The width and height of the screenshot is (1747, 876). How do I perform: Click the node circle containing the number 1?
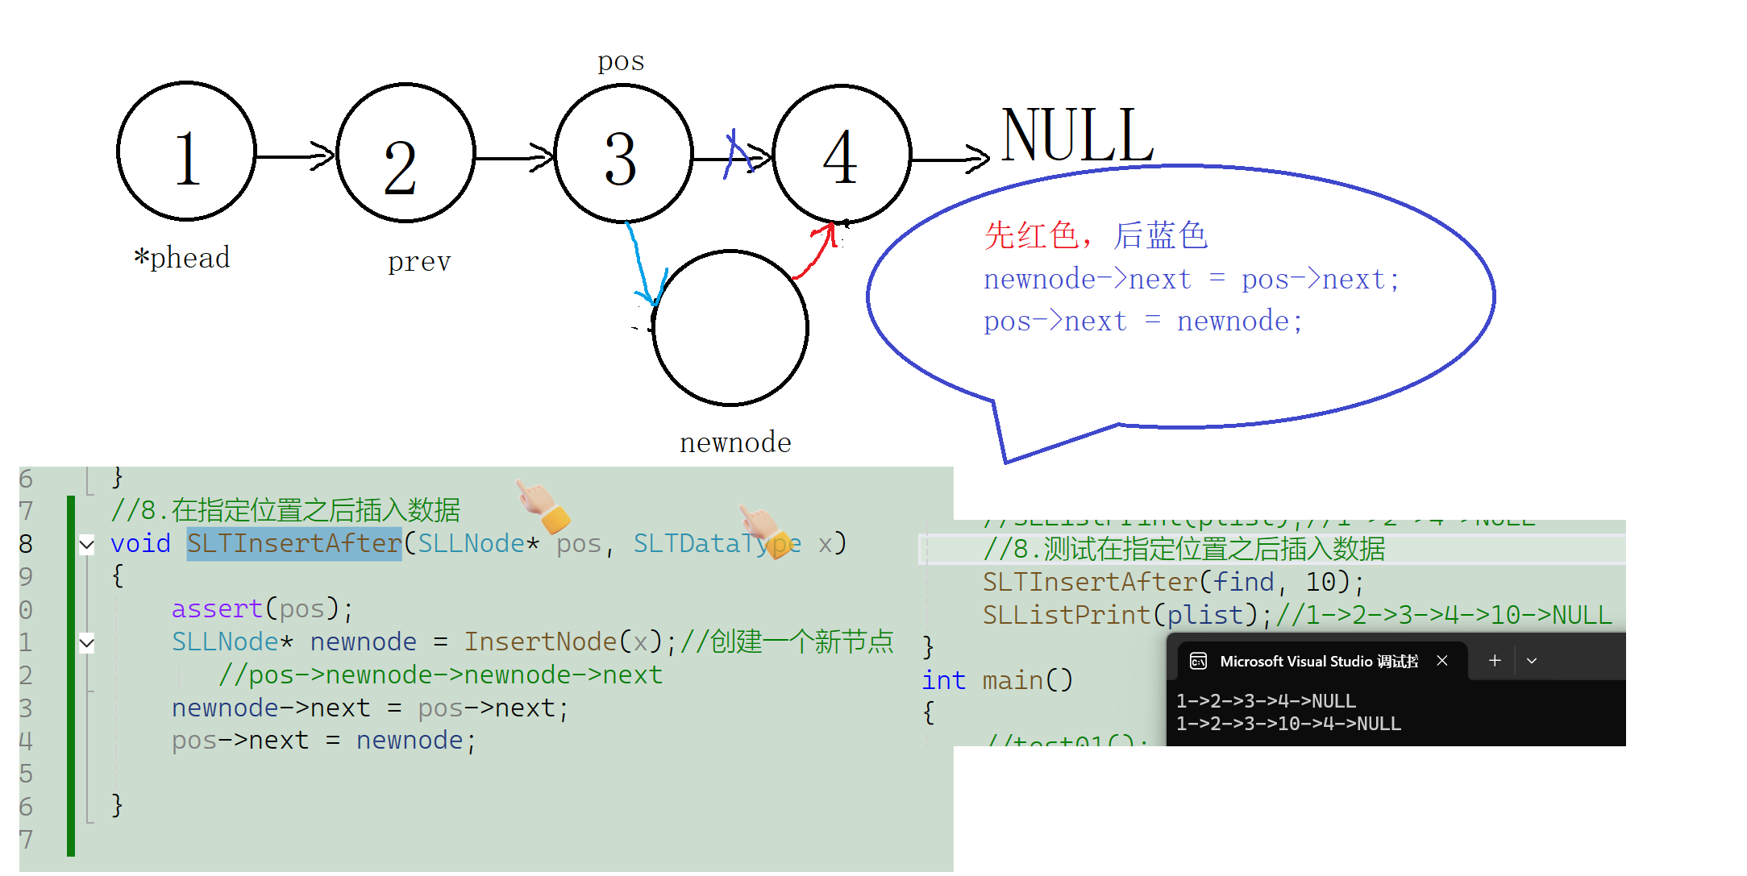tap(186, 152)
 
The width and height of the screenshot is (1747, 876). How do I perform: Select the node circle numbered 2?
tap(406, 153)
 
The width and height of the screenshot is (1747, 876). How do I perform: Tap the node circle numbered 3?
tap(623, 153)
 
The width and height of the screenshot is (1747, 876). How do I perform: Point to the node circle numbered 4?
tap(842, 153)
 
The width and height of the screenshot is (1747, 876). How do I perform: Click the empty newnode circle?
tap(730, 328)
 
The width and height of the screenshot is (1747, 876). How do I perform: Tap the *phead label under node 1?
tap(182, 258)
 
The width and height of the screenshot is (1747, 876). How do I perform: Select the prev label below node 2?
tap(419, 261)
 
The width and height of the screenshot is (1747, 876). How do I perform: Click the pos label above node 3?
tap(621, 61)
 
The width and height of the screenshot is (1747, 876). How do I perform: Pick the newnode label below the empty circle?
tap(735, 442)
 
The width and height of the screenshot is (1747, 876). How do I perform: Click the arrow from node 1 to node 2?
tap(294, 156)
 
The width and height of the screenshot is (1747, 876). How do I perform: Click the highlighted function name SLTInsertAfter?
tap(294, 544)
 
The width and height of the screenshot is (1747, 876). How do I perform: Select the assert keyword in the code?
tap(217, 608)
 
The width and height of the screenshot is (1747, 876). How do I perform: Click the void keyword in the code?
tap(140, 544)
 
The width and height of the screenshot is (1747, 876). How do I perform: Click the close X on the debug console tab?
tap(1442, 661)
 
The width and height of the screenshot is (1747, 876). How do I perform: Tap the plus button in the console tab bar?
tap(1494, 661)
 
